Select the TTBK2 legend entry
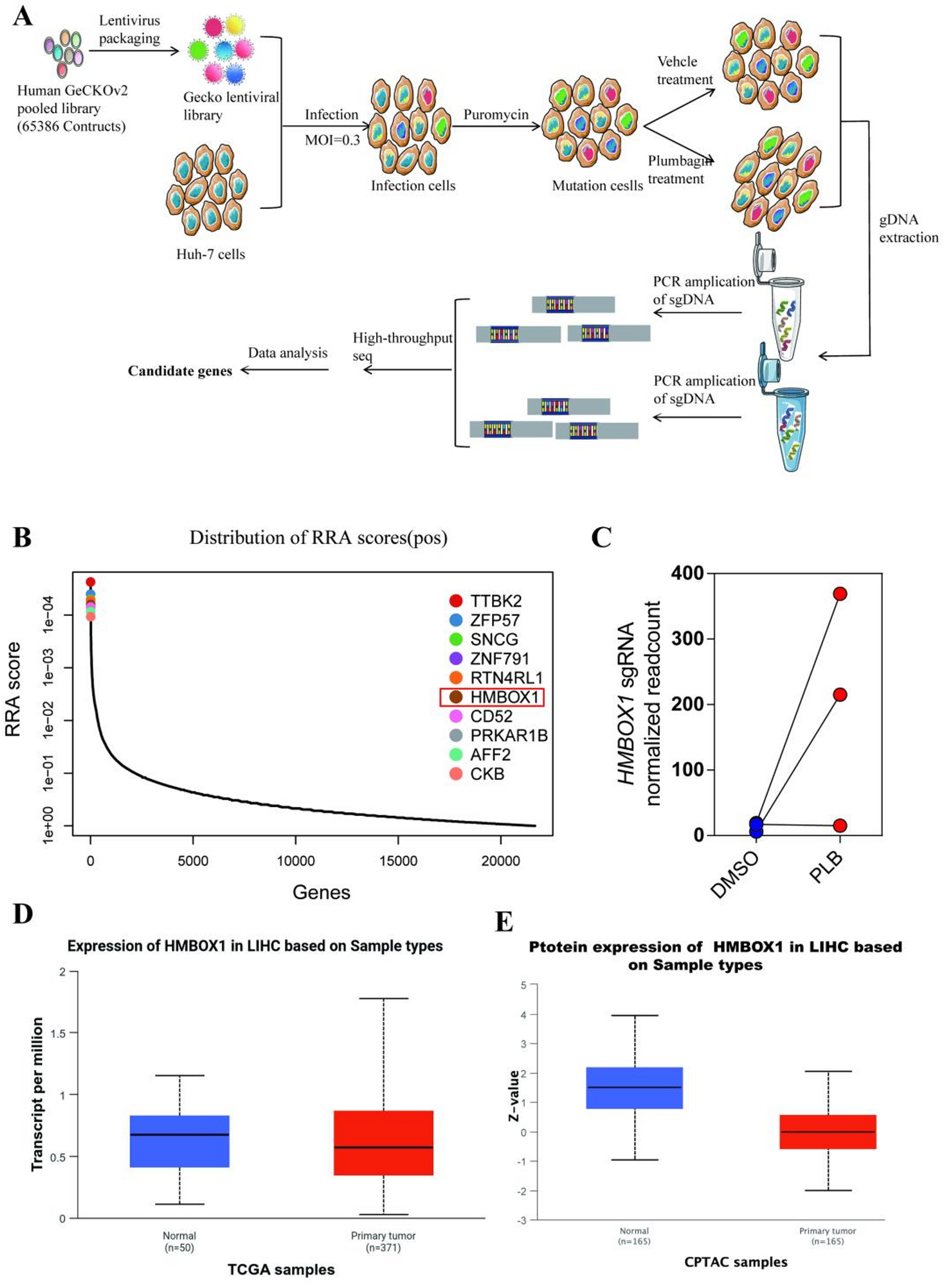coord(495,601)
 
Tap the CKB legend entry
coord(487,774)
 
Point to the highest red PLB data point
coord(840,593)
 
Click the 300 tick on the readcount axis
coord(687,638)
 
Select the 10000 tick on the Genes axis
coord(296,861)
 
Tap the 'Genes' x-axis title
coord(322,892)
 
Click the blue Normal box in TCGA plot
coord(179,1141)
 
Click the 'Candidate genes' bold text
coord(180,371)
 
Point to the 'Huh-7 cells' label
coord(210,255)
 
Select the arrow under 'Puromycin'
coord(496,127)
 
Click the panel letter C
coord(601,537)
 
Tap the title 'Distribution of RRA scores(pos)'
coord(318,538)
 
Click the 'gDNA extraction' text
coord(908,229)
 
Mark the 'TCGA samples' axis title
coord(281,1269)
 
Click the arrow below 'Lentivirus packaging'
coord(134,50)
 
